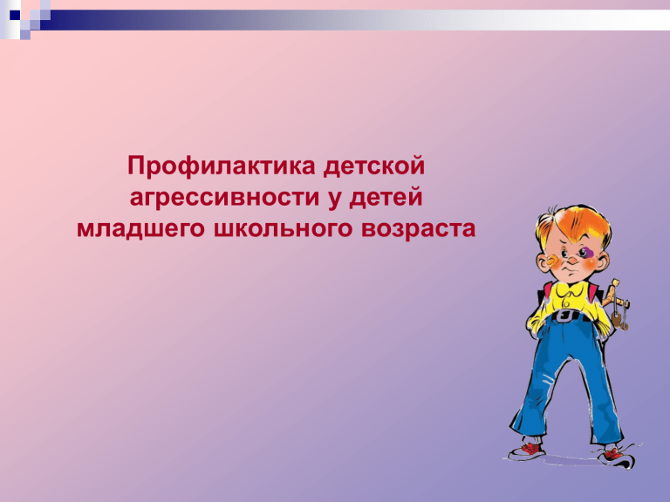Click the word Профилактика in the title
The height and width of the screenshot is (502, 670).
coord(221,166)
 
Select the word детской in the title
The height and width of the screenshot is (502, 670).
coord(374,166)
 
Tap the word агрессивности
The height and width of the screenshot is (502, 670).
coord(225,198)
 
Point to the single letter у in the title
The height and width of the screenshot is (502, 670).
coord(335,200)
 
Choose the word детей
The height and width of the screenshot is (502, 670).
coord(386,198)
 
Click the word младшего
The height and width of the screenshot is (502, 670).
coord(140,229)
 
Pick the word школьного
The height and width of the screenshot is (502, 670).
coord(283,229)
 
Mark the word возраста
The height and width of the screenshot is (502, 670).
coord(419,229)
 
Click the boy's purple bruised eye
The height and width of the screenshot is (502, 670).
coord(585,253)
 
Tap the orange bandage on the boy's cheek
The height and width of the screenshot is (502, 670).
coord(552,261)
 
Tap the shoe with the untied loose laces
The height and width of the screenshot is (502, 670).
coord(617,455)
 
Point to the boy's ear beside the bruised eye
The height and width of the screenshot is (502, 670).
coord(603,259)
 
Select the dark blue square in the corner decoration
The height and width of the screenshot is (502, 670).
coord(15,16)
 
